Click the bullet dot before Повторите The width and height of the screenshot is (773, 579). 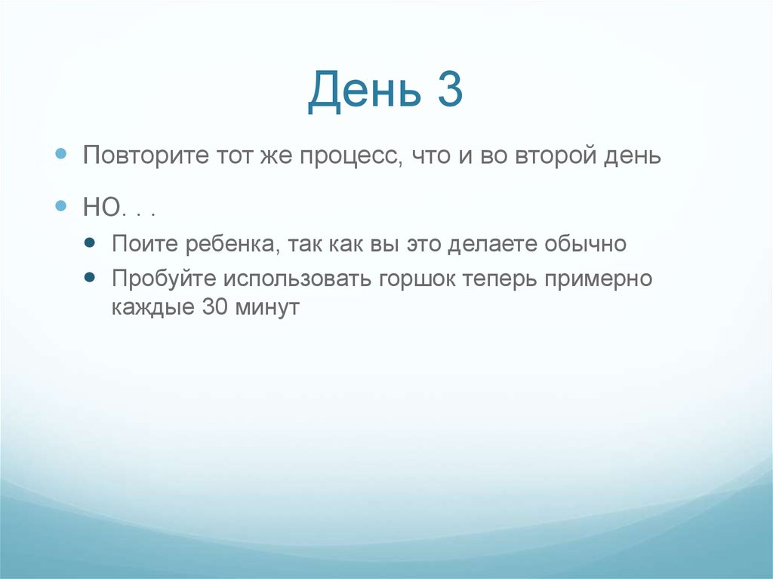63,154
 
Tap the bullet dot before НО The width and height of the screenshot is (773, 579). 63,205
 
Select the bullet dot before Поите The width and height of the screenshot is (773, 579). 91,243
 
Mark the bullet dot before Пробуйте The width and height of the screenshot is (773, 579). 91,277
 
